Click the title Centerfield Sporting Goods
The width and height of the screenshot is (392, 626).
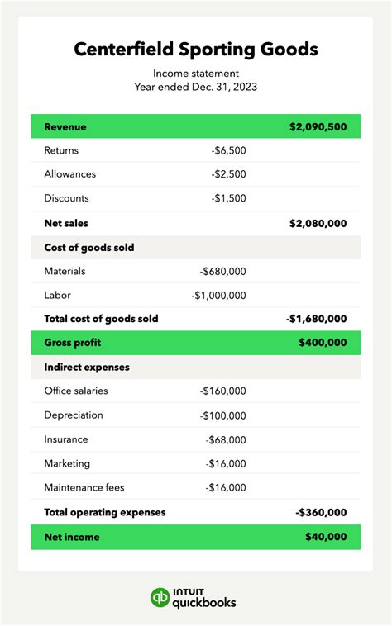coord(196,49)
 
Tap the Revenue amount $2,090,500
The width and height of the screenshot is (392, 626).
coord(318,127)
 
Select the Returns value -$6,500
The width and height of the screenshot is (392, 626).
coord(228,150)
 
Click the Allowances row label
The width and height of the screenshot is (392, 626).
coord(70,174)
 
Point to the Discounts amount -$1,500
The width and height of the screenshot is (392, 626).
coord(228,198)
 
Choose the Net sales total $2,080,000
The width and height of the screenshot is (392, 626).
coord(318,223)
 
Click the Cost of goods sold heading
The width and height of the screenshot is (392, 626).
coord(89,247)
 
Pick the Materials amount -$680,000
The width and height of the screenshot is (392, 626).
coord(222,271)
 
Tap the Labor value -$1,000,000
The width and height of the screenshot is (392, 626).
coord(218,295)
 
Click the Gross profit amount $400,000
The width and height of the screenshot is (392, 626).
coord(323,343)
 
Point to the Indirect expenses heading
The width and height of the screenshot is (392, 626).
coord(87,367)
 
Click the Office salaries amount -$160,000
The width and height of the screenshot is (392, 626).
coord(222,391)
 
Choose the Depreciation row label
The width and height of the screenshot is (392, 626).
coord(74,415)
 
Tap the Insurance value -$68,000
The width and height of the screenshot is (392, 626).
coord(225,439)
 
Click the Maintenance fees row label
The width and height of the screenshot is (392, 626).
coord(84,487)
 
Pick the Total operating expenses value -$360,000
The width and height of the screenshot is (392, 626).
coord(321,512)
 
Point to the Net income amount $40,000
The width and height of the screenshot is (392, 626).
coord(326,537)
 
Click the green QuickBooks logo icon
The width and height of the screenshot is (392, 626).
coord(160,598)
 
